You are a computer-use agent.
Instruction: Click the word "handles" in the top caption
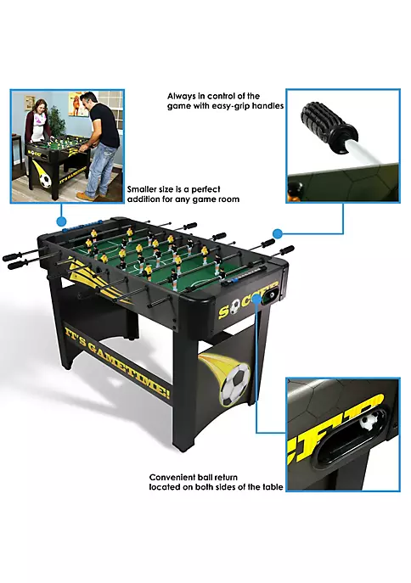point(267,106)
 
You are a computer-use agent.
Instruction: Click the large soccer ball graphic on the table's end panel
point(234,384)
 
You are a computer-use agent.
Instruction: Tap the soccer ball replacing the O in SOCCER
point(234,307)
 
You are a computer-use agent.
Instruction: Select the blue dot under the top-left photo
point(61,221)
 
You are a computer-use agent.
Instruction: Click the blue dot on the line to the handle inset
point(278,233)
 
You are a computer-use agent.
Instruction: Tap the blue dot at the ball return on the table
point(256,298)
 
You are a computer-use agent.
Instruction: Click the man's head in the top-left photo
point(88,99)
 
